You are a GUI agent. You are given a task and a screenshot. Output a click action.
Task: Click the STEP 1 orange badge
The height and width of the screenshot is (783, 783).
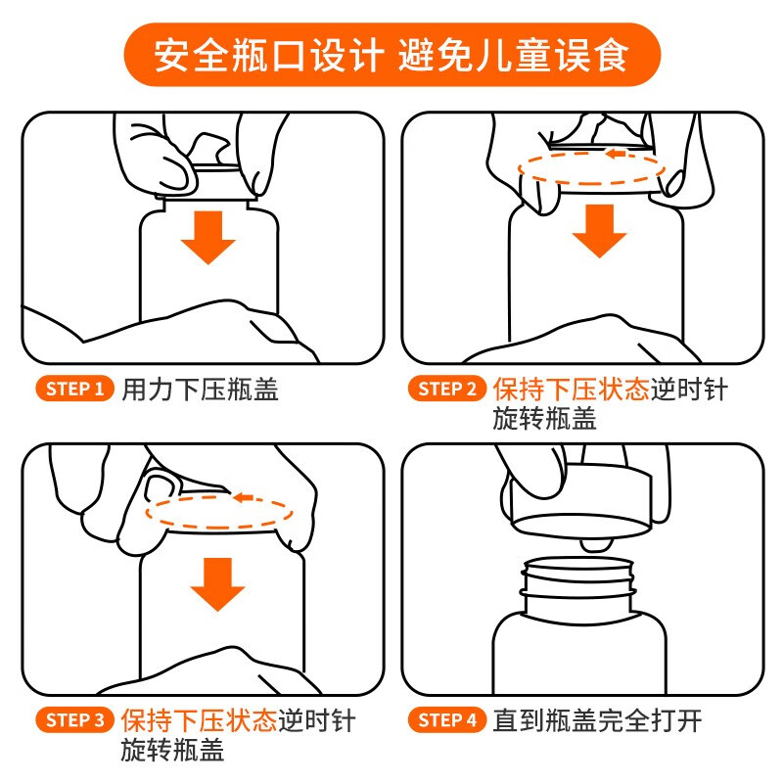(75, 389)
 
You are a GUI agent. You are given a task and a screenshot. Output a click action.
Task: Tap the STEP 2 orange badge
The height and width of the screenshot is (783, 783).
(447, 389)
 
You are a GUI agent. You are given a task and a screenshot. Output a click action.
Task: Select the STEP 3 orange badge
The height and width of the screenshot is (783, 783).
(75, 720)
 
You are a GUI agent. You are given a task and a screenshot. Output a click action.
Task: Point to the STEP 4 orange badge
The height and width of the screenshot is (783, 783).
(447, 720)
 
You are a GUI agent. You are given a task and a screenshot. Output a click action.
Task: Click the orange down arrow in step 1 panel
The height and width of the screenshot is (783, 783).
(208, 238)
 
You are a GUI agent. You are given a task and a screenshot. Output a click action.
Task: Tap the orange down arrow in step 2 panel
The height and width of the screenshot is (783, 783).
(599, 231)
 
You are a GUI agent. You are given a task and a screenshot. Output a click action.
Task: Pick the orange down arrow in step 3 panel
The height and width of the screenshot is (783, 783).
(217, 584)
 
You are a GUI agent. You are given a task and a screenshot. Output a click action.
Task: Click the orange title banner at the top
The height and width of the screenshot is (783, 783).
(392, 55)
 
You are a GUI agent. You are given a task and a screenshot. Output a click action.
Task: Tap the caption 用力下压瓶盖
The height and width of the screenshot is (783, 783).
(201, 390)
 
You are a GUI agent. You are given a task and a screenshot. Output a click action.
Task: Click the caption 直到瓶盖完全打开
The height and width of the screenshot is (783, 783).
(598, 720)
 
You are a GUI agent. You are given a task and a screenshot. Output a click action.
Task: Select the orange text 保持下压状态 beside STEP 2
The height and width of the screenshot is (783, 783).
(572, 390)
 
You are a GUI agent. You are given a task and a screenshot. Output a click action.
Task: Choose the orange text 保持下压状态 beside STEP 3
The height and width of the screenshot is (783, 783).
(200, 720)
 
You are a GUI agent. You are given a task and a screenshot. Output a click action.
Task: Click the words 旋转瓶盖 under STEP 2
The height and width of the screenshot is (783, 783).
(545, 419)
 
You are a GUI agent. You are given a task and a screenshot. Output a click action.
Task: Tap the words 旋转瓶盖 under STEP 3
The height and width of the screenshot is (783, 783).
(173, 750)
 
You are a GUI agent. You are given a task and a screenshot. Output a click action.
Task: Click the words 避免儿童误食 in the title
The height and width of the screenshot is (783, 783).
(513, 55)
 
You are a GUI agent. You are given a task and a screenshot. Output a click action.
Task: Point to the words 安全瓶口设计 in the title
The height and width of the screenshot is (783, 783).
(268, 55)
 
